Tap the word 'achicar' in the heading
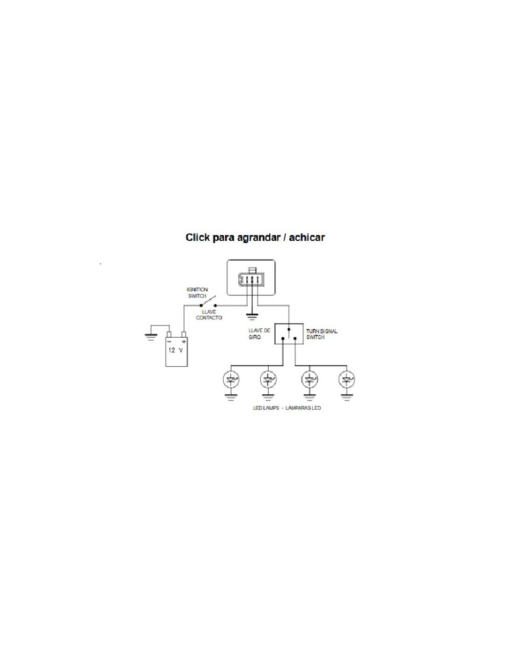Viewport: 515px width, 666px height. tap(307, 237)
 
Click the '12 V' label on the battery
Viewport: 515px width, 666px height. tap(176, 350)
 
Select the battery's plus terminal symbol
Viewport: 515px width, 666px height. tap(184, 342)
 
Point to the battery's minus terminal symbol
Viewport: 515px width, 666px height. tap(169, 342)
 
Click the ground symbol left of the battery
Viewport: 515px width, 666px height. tap(151, 335)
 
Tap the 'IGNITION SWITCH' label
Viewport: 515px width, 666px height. tap(197, 293)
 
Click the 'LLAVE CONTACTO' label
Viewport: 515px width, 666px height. tap(209, 315)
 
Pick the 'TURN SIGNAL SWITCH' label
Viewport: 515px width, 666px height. tap(322, 334)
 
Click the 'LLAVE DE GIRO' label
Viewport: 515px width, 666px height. tap(259, 333)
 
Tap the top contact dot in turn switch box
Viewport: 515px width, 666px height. tap(289, 329)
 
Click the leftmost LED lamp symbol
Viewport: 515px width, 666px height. tap(231, 379)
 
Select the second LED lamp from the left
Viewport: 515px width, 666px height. tap(268, 379)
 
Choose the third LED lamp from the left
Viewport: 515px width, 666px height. tap(309, 379)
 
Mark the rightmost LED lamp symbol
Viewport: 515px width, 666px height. tap(346, 379)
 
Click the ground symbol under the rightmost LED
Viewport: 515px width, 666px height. tap(346, 398)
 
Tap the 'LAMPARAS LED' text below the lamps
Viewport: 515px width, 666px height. tap(303, 408)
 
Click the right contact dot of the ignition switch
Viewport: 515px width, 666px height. tap(215, 305)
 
